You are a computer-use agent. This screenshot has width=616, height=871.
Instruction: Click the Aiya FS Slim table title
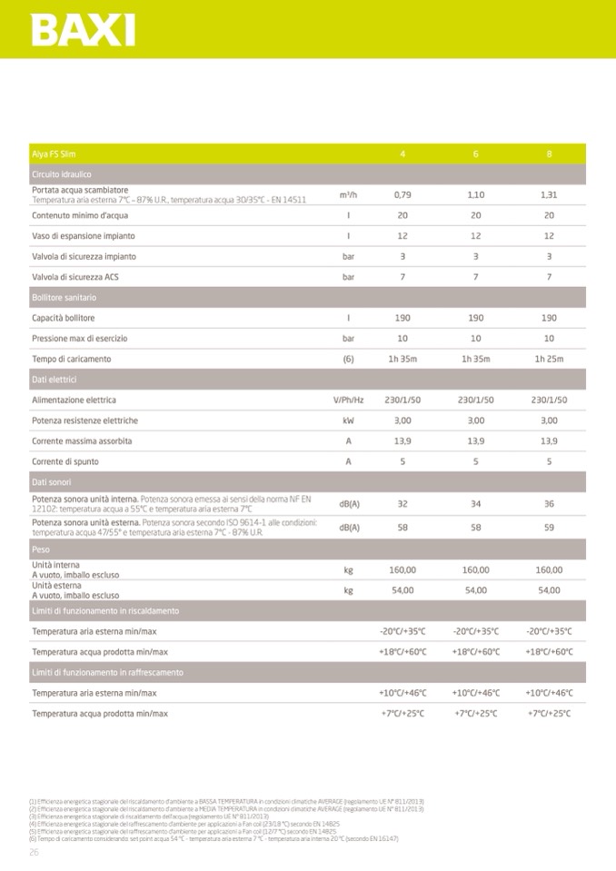click(x=54, y=153)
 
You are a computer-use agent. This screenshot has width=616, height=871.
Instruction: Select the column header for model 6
click(x=475, y=153)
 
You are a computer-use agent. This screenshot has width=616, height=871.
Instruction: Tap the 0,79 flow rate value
click(x=402, y=194)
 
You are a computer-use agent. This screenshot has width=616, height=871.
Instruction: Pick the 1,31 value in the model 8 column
click(x=549, y=194)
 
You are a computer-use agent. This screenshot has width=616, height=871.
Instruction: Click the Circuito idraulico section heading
click(x=62, y=173)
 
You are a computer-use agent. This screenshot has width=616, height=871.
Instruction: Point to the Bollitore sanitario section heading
click(x=64, y=298)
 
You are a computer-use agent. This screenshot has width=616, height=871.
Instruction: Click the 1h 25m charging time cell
click(x=549, y=359)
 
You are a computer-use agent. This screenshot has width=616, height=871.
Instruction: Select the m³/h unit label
click(x=348, y=194)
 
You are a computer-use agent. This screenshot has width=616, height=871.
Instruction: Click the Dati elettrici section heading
click(x=55, y=380)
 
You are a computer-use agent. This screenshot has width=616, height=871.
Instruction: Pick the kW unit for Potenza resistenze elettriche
click(x=348, y=421)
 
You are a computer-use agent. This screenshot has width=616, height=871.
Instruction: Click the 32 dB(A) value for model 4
click(x=402, y=503)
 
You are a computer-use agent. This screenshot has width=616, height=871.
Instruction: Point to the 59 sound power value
click(x=549, y=527)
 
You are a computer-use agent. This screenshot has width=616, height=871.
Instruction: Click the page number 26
click(x=35, y=852)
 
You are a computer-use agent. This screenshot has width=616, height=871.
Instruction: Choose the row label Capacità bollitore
click(x=64, y=318)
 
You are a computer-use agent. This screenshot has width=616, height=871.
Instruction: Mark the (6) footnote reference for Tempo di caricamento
click(x=348, y=359)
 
